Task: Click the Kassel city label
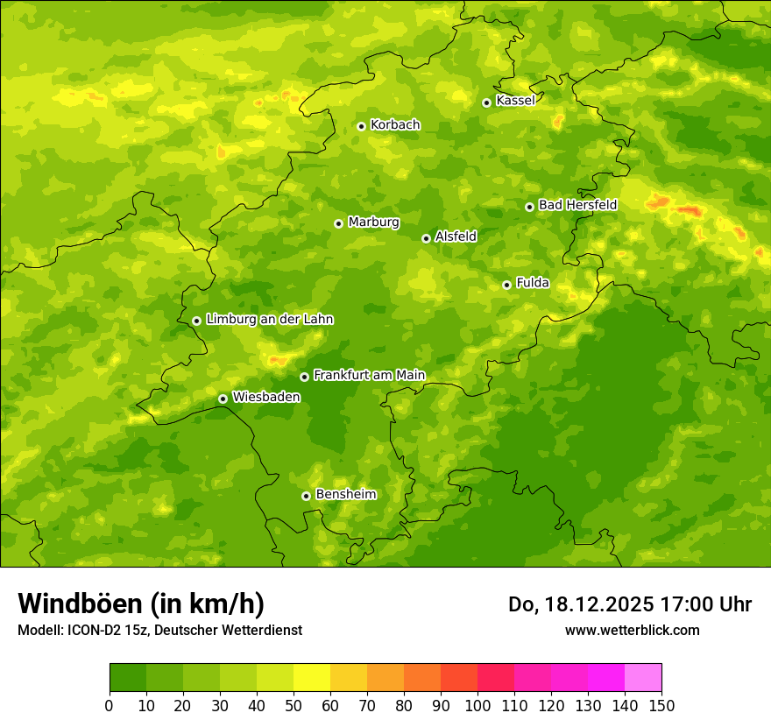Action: click(x=515, y=101)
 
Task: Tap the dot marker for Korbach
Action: click(x=361, y=126)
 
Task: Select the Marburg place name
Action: click(x=373, y=222)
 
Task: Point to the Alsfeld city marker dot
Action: click(x=426, y=238)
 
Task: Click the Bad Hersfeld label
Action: click(x=577, y=205)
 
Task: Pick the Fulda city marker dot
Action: click(x=506, y=285)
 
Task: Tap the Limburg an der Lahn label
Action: click(x=269, y=320)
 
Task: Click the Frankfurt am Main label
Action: click(x=369, y=376)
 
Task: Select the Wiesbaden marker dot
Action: click(x=223, y=399)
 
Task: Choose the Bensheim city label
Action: click(x=345, y=495)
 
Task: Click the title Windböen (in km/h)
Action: click(x=140, y=603)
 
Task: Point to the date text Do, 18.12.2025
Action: click(x=579, y=604)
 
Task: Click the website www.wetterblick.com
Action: click(x=632, y=630)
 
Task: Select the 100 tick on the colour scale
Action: click(x=477, y=705)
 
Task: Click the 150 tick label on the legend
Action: click(x=661, y=705)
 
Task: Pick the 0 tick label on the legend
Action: click(x=110, y=705)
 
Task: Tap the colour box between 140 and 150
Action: click(x=643, y=678)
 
